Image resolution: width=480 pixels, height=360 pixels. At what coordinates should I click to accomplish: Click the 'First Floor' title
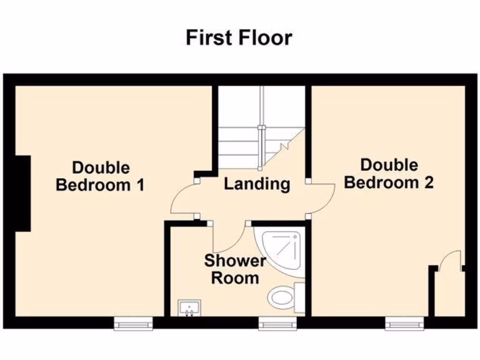[239, 37]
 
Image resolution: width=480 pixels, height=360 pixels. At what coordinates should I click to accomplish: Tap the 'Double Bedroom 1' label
[100, 176]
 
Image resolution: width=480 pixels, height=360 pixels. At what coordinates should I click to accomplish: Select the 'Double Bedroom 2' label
[389, 173]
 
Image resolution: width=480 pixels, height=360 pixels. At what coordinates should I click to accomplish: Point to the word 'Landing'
[256, 184]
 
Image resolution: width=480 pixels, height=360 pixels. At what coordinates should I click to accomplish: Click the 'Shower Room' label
[235, 269]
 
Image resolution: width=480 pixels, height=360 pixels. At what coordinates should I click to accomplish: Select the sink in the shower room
[189, 308]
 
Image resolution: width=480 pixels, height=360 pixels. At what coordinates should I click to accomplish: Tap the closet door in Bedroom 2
[452, 261]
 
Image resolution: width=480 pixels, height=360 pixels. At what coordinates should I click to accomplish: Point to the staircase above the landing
[261, 127]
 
